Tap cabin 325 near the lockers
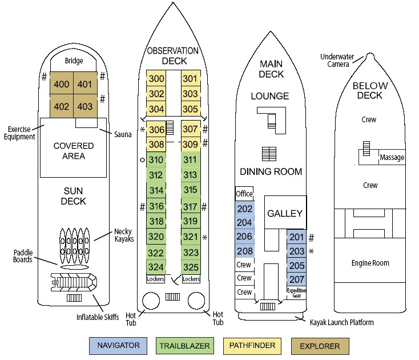tap(191, 267)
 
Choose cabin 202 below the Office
tap(244, 209)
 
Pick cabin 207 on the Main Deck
tap(296, 279)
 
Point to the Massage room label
tap(392, 157)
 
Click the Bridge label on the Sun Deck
tap(74, 61)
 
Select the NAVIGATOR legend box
tap(118, 346)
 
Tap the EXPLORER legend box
tap(319, 346)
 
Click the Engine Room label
tap(369, 263)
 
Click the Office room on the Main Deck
tap(244, 194)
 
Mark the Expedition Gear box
tap(296, 293)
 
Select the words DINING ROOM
tap(271, 171)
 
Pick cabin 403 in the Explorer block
tap(84, 106)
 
